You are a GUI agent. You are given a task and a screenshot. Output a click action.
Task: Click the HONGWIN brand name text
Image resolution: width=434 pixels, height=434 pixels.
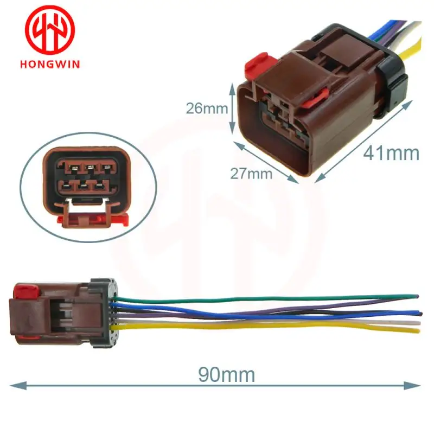(x=49, y=63)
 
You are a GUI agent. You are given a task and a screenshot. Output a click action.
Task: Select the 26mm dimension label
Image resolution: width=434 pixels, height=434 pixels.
(x=207, y=107)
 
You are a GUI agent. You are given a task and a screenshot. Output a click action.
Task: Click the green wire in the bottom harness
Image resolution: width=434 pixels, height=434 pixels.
(x=271, y=297)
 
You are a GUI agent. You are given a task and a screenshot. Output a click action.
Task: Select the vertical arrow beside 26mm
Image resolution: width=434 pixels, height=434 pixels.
(x=234, y=107)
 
